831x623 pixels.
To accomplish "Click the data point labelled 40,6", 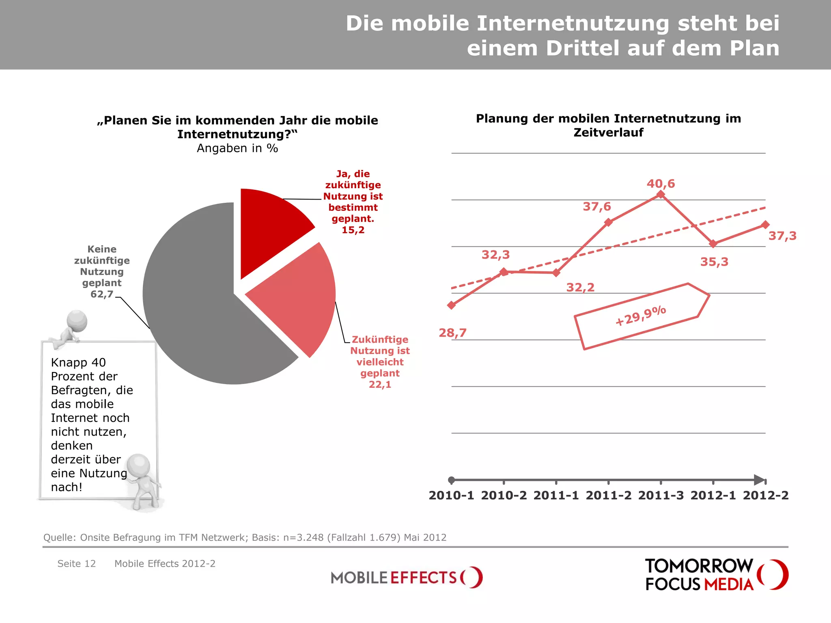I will pos(661,195).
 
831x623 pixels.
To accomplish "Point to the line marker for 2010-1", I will pos(451,305).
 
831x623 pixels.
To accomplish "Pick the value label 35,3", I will pos(714,262).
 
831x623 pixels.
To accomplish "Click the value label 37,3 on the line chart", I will pos(782,236).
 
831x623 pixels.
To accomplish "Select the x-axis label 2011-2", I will pos(608,495).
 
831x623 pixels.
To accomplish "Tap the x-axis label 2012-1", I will pos(713,495).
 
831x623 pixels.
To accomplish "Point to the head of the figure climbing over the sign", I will pos(77,320).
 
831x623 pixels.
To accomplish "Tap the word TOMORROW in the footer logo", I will pos(699,566).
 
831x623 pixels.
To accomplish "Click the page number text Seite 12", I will pos(76,564).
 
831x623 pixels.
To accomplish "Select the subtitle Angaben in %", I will pos(237,148).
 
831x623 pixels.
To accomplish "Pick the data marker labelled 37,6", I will pos(608,222).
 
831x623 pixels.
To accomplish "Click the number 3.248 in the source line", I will pos(310,537).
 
